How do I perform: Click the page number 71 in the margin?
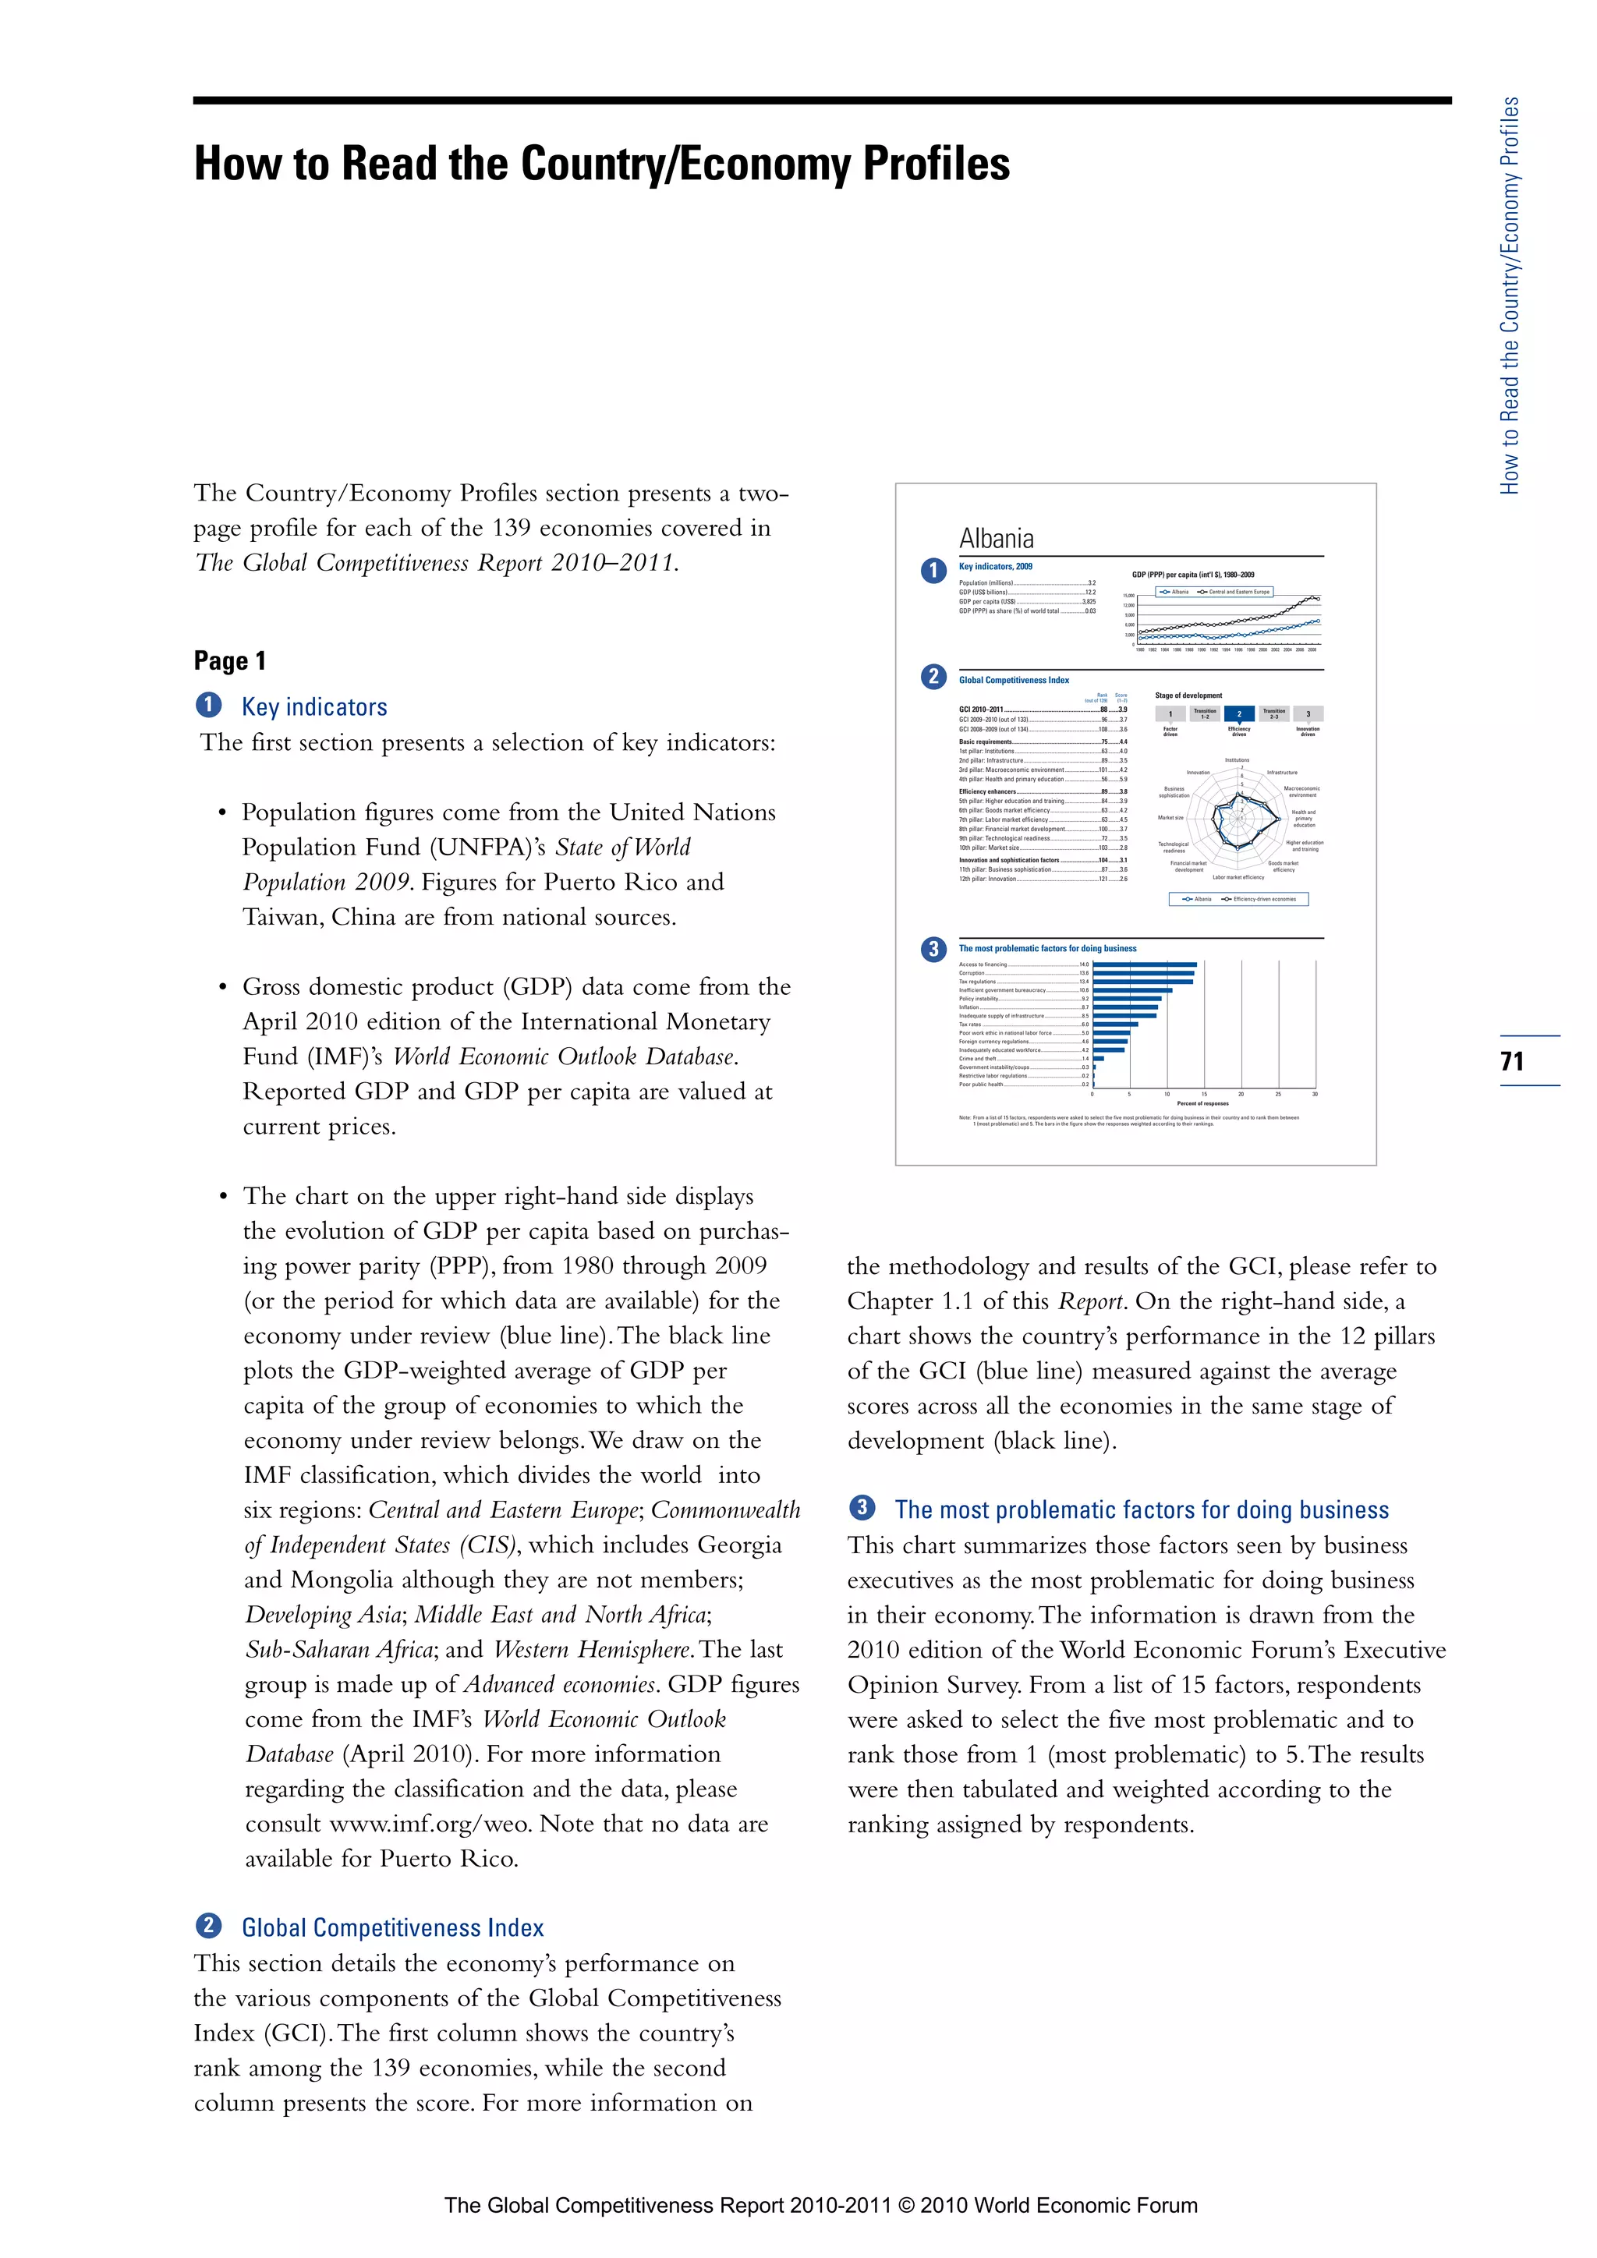coord(1511,1061)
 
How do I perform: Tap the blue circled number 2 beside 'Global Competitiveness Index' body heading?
coord(208,1926)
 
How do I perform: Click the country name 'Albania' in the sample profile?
coord(996,539)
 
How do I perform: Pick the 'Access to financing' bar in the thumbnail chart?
coord(1144,964)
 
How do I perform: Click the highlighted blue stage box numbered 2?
coord(1238,714)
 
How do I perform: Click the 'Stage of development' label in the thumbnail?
coord(1188,695)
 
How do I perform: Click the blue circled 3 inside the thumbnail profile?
coord(933,949)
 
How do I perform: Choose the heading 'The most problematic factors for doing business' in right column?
coord(1141,1509)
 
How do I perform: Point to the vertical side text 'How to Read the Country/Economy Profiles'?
coord(1510,295)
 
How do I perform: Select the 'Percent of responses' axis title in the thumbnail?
coord(1202,1103)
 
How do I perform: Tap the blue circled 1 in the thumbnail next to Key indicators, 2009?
coord(933,571)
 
